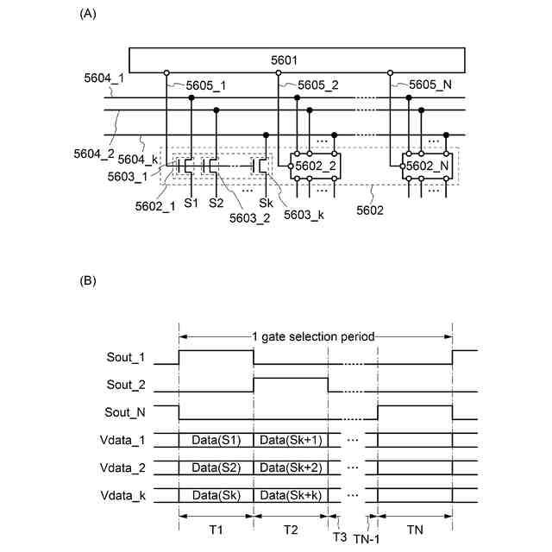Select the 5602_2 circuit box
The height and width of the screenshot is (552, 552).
(313, 166)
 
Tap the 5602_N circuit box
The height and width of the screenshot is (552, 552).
(425, 166)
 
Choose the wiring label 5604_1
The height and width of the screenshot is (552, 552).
(103, 78)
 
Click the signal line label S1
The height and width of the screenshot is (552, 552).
(191, 203)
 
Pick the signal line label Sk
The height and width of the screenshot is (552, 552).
(266, 203)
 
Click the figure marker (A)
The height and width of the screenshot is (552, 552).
(87, 14)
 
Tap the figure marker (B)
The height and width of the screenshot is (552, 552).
(87, 281)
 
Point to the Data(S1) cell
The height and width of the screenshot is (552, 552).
(216, 440)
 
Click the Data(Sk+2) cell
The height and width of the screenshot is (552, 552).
(291, 467)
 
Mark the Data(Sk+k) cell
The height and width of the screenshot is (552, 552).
(291, 495)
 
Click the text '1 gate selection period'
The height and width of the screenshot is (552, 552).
(315, 336)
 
